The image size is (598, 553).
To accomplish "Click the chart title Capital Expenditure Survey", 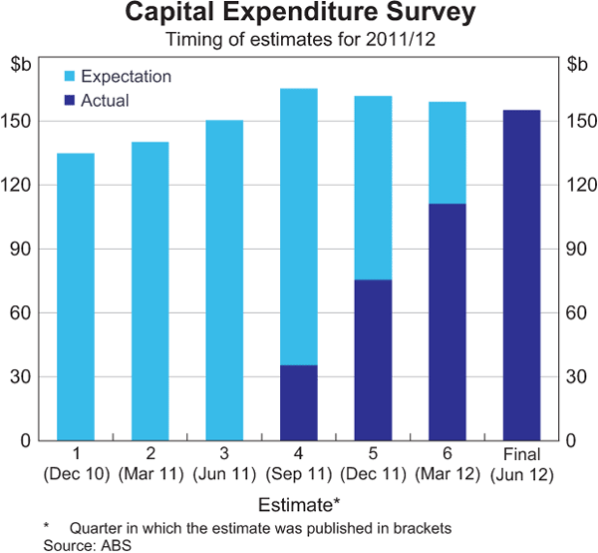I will coord(299,16).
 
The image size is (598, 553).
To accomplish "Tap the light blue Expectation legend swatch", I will coord(70,77).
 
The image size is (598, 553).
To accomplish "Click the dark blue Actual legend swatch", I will coord(70,101).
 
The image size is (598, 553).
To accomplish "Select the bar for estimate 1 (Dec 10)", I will coord(76,296).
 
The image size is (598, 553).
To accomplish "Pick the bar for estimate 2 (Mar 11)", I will coord(149,290).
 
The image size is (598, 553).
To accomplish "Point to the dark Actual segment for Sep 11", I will coord(299,403).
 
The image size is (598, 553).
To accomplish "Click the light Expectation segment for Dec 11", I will coord(373,188).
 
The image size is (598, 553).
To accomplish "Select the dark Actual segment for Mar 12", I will coord(448,322).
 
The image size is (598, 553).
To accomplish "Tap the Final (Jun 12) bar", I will coord(521,276).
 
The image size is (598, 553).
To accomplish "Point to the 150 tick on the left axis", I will coord(22,122).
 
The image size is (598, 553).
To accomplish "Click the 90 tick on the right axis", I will coord(575,250).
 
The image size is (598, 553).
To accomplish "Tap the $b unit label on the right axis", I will coord(576,65).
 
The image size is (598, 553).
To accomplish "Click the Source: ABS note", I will coord(88,544).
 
